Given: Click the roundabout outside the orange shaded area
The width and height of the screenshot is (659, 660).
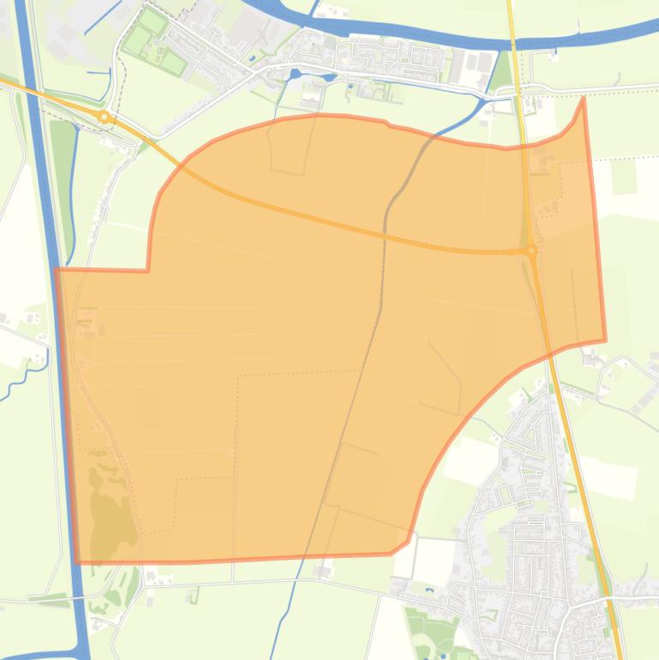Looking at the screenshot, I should point(104,116).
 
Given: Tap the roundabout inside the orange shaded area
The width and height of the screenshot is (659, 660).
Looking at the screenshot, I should point(531,250).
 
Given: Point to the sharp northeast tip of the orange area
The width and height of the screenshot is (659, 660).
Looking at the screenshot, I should point(584,98).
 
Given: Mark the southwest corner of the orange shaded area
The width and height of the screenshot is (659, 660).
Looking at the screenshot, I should point(77,562).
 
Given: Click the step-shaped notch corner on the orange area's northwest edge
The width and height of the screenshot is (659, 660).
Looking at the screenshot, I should point(148,271).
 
